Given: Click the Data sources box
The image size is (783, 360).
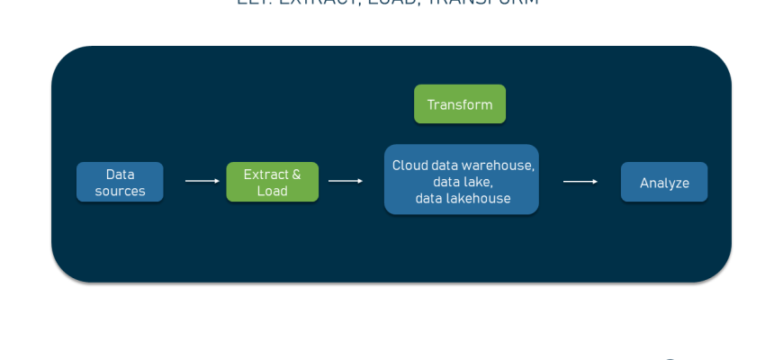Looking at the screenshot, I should pyautogui.click(x=120, y=182).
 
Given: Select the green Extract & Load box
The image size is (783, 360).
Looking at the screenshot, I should pyautogui.click(x=272, y=182).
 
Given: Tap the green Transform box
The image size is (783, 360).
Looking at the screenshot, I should pyautogui.click(x=460, y=104).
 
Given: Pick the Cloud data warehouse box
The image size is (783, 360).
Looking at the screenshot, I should pyautogui.click(x=462, y=180).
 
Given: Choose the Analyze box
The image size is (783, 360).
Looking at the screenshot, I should pyautogui.click(x=664, y=183).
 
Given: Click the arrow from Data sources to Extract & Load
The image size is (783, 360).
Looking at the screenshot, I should pyautogui.click(x=202, y=181).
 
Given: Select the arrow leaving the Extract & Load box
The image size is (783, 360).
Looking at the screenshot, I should pyautogui.click(x=346, y=181).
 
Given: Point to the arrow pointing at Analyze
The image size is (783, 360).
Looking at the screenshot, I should pyautogui.click(x=580, y=182).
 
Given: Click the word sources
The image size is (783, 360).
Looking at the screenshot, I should pyautogui.click(x=120, y=191).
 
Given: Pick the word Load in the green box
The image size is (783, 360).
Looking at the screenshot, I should pyautogui.click(x=272, y=191).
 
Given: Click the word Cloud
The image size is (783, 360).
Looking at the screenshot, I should pyautogui.click(x=409, y=166).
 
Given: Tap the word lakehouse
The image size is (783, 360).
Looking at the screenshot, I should pyautogui.click(x=478, y=198).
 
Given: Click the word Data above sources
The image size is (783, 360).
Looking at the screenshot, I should pyautogui.click(x=120, y=175).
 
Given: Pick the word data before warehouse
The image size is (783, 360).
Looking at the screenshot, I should pyautogui.click(x=445, y=166).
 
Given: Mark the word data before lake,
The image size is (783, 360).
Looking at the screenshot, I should pyautogui.click(x=447, y=182).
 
